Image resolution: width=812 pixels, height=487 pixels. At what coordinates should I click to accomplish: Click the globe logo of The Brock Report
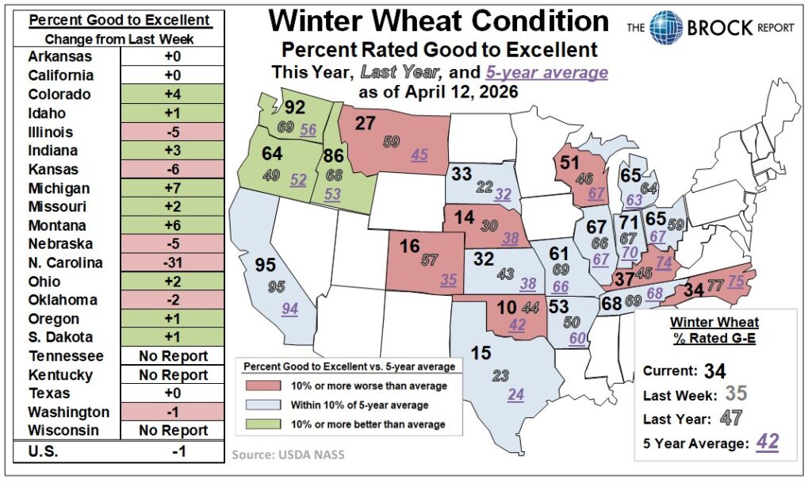click(x=665, y=27)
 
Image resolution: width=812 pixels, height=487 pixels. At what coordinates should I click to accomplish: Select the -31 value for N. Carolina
click(x=172, y=263)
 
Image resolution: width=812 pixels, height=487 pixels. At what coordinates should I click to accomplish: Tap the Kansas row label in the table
click(x=51, y=169)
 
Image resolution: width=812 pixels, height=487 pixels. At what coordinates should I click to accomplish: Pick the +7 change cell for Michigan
click(x=172, y=188)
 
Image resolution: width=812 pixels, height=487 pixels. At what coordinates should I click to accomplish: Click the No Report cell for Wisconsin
click(x=172, y=431)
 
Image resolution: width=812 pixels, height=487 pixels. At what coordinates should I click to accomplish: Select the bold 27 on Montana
click(x=366, y=123)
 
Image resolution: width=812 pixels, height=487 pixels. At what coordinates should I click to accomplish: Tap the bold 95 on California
click(x=267, y=266)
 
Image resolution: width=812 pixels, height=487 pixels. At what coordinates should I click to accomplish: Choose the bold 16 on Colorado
click(x=409, y=246)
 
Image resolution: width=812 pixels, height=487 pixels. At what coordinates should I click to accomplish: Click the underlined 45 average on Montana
click(x=419, y=155)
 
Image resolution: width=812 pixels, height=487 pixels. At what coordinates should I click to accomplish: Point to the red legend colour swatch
click(x=255, y=386)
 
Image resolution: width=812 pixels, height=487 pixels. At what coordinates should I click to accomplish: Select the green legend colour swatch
click(x=255, y=424)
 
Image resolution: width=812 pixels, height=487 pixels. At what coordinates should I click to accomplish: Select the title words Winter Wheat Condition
click(x=439, y=21)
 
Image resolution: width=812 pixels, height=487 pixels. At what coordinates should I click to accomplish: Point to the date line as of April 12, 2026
click(x=439, y=92)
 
